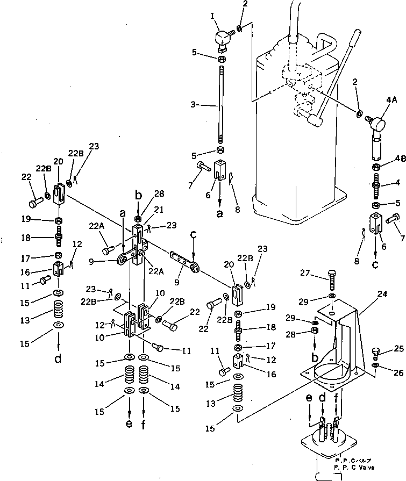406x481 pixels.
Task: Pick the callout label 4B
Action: click(399, 159)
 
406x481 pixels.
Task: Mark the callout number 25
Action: click(397, 349)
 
